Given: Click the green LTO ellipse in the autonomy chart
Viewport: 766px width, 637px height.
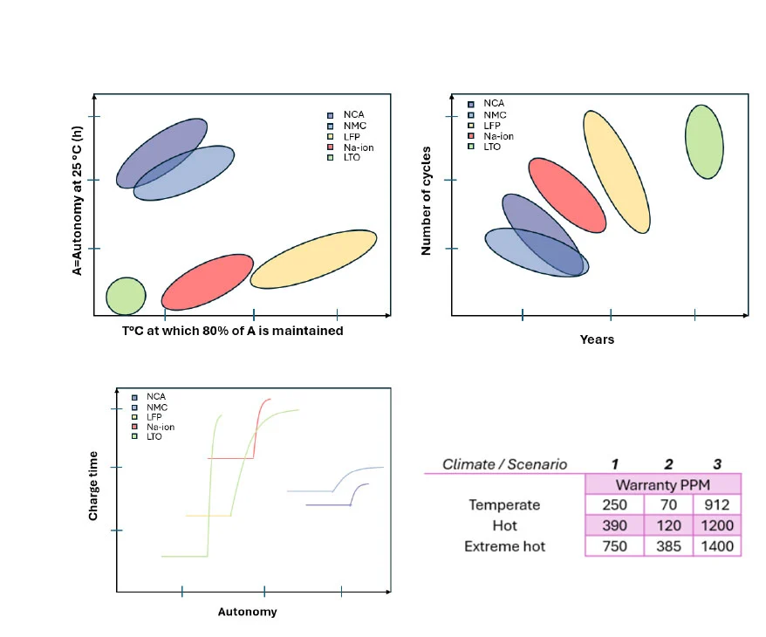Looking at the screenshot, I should (x=126, y=296).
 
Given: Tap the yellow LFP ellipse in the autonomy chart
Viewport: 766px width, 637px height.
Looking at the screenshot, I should (x=314, y=258).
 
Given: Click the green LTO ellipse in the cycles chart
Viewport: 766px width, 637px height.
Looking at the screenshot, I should (x=704, y=141).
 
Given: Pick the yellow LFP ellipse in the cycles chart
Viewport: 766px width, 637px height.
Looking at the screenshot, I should (x=617, y=172).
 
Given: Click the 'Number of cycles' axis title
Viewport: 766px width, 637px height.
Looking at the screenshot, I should (x=427, y=201).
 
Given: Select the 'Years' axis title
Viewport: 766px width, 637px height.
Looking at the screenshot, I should (x=597, y=339).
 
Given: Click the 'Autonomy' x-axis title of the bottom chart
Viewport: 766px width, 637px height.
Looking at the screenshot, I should (x=247, y=612).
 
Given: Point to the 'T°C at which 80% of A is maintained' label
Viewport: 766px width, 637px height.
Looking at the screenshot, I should (x=233, y=331).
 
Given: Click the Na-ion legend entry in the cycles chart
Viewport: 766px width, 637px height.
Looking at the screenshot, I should (x=497, y=136).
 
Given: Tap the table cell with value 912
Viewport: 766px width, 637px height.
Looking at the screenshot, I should (x=716, y=504).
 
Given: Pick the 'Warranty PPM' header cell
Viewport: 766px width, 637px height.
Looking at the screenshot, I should (x=662, y=484).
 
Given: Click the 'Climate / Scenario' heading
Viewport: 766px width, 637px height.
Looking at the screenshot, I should (x=504, y=463).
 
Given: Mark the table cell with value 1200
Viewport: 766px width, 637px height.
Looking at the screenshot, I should (x=716, y=525).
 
